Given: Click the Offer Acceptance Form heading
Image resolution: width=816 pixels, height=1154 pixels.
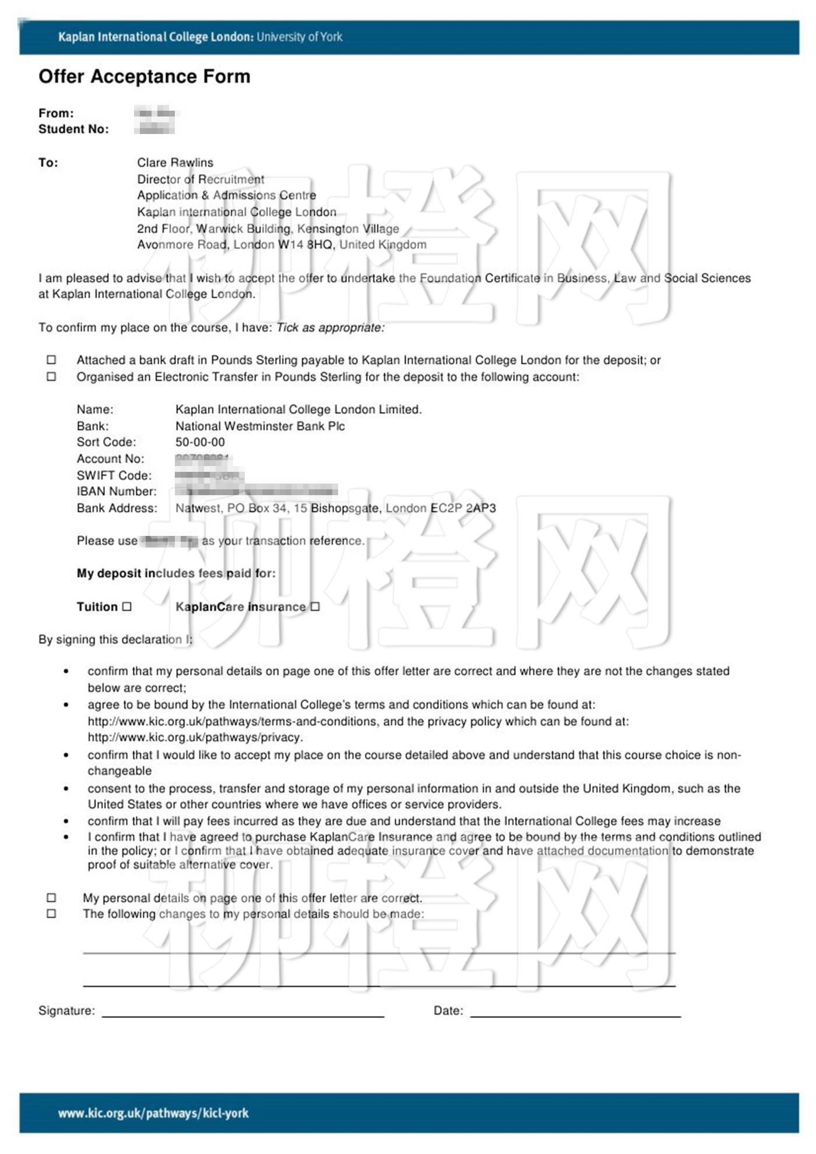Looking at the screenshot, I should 144,76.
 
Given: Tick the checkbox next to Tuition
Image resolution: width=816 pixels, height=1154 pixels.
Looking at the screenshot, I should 127,606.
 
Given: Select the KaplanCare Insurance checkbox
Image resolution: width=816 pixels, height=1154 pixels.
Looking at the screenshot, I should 315,606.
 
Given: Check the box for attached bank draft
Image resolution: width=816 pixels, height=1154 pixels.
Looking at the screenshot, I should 51,360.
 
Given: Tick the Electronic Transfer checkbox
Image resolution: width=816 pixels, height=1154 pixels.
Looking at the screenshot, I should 51,376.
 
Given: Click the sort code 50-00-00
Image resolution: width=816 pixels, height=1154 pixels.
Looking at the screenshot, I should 200,442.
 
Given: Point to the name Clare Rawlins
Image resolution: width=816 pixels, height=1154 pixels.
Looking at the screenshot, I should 175,163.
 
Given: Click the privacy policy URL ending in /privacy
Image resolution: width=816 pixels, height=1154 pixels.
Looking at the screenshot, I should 195,737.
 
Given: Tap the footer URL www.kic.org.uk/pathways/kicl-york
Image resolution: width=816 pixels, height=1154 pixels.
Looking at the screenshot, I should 153,1113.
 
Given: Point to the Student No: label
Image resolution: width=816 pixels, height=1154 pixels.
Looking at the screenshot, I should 73,129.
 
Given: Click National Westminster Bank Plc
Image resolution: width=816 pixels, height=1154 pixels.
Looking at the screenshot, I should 260,426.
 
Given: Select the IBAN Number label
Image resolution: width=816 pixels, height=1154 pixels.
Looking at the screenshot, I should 117,492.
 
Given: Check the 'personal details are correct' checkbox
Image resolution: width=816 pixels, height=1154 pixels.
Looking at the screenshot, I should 51,898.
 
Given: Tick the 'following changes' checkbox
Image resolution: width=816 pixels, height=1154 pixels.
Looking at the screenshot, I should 51,913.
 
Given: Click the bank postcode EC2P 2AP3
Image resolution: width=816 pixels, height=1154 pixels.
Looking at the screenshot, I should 463,508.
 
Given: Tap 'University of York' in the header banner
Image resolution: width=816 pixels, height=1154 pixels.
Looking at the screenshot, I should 300,37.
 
